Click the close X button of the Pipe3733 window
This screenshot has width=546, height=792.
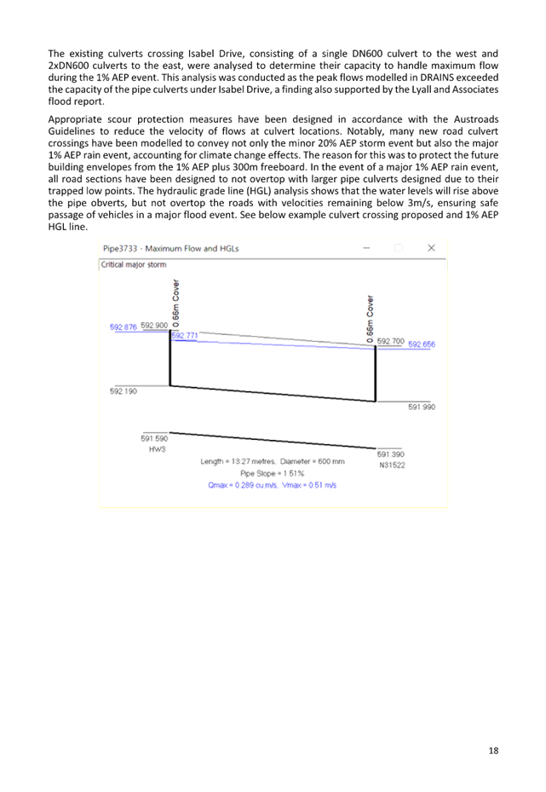[x=431, y=247]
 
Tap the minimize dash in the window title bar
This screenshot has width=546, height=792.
[x=367, y=248]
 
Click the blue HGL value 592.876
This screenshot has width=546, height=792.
[x=124, y=327]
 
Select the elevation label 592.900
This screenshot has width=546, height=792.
[x=154, y=326]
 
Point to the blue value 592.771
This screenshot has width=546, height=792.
[x=185, y=335]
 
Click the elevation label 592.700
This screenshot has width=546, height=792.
[x=391, y=342]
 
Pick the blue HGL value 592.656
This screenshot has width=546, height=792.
[x=422, y=344]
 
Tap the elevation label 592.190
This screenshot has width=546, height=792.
[x=124, y=391]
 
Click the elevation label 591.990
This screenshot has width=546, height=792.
[x=422, y=408]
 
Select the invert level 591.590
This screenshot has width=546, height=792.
[x=154, y=439]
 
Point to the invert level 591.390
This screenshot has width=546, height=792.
[x=391, y=454]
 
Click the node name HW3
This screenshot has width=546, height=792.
[x=157, y=449]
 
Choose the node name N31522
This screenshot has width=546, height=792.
[x=392, y=465]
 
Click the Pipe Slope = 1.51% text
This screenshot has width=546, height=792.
[x=272, y=473]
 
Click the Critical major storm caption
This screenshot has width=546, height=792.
[x=133, y=264]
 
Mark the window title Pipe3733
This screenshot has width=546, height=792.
[x=120, y=248]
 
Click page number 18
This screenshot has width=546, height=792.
[x=493, y=750]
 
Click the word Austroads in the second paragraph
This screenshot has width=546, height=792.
[x=476, y=119]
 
